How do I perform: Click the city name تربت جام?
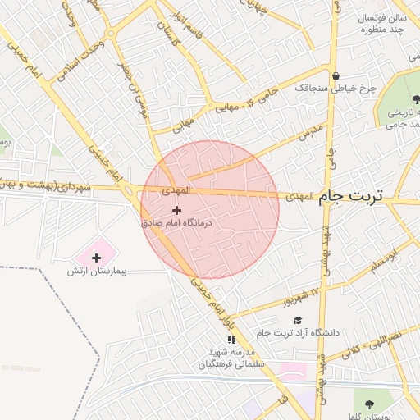pyautogui.click(x=357, y=197)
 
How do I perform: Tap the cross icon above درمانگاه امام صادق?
pyautogui.click(x=176, y=210)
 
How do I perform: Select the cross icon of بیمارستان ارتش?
pyautogui.click(x=96, y=258)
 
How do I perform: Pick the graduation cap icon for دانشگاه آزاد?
pyautogui.click(x=298, y=321)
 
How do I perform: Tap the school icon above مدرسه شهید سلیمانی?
pyautogui.click(x=232, y=339)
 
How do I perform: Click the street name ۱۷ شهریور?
pyautogui.click(x=300, y=297)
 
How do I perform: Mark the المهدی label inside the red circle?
pyautogui.click(x=175, y=190)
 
